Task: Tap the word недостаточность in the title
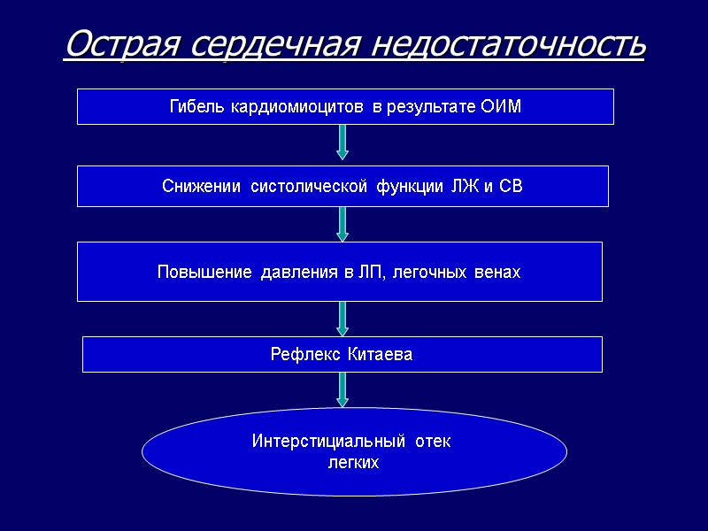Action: [x=508, y=43]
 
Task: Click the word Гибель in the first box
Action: [x=196, y=108]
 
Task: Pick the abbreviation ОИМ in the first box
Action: [x=502, y=108]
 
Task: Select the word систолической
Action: [x=309, y=187]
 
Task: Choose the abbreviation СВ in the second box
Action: [x=512, y=187]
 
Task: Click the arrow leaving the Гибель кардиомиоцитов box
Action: [x=342, y=142]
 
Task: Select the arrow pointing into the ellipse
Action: [x=342, y=389]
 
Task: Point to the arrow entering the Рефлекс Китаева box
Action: [x=342, y=318]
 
